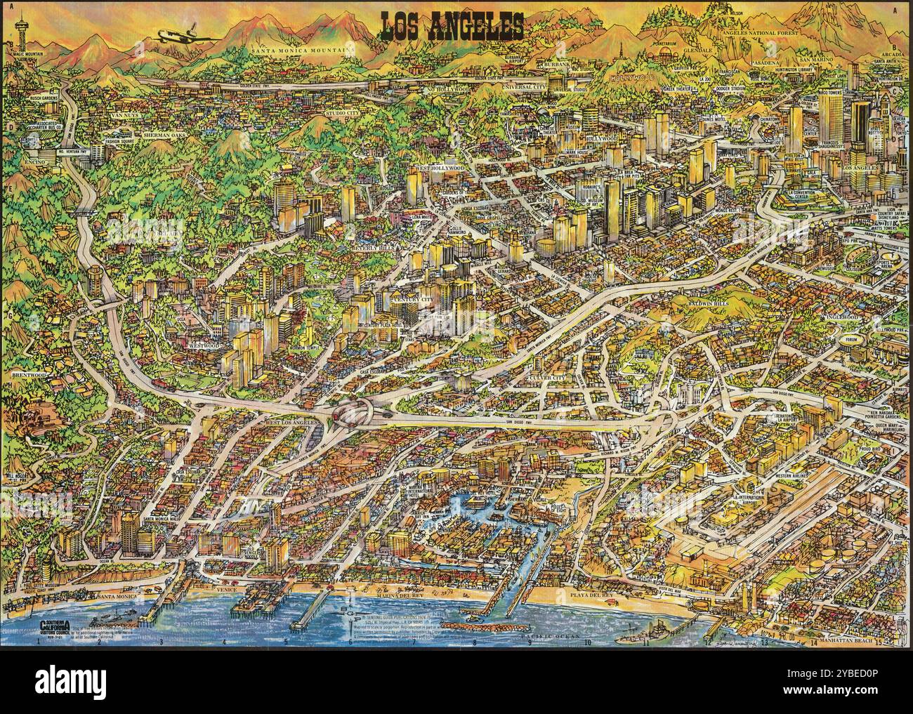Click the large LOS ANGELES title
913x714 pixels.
(452, 26)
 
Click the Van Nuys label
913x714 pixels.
(128, 114)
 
